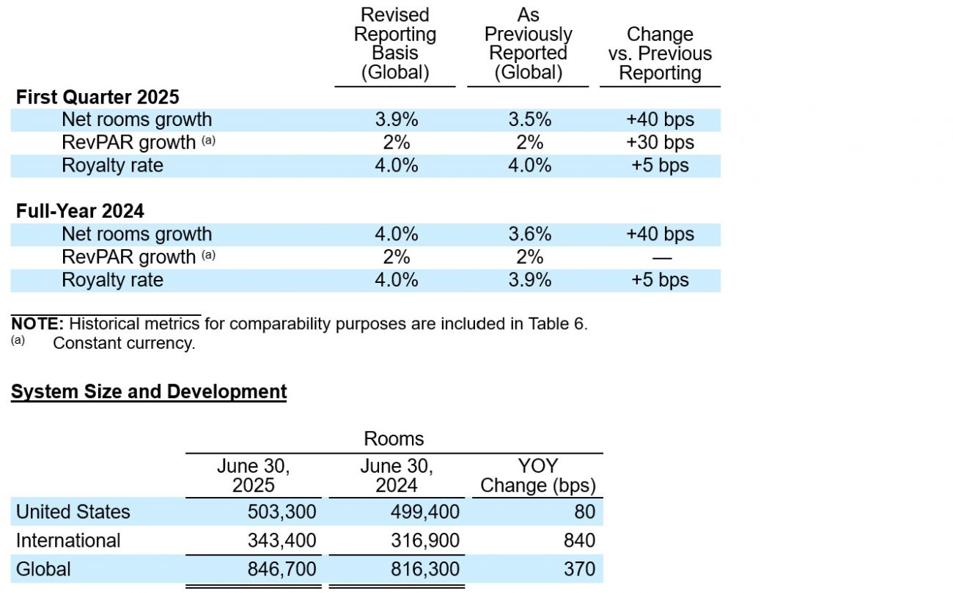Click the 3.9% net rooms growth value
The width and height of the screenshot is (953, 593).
396,119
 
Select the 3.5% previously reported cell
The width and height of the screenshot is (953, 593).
530,119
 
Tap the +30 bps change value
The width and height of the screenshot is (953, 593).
660,142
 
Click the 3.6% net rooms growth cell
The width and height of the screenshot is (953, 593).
530,235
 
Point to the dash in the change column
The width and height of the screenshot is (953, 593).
662,258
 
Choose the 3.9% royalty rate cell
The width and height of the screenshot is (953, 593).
530,280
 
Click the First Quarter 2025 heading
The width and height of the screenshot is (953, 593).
97,97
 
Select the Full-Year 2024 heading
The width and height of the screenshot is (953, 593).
80,211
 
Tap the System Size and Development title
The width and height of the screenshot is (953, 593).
149,391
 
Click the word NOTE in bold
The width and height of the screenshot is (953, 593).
37,324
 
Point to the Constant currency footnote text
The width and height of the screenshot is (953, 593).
124,343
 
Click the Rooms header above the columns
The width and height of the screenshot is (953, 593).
394,439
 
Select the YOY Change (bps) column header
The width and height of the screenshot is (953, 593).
538,476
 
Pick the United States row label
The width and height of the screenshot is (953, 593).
73,512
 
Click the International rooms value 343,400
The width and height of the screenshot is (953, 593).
282,541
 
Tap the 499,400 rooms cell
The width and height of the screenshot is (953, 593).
425,512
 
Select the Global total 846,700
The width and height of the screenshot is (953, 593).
282,570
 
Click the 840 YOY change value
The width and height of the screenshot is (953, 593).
579,541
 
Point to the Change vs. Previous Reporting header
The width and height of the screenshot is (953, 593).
660,54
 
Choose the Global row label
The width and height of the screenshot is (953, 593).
43,570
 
